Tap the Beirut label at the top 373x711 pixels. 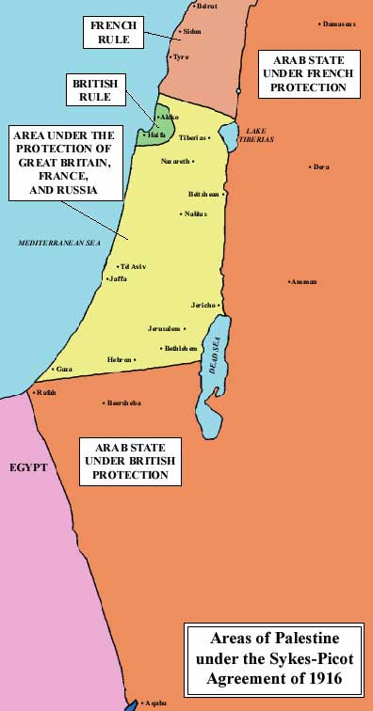(x=206, y=7)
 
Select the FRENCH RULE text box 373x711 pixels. (x=113, y=33)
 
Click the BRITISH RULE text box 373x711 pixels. (x=94, y=90)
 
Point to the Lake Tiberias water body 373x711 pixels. (x=229, y=135)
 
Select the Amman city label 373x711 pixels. (x=305, y=282)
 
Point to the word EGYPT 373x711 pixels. (x=27, y=466)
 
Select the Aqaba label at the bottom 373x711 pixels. (x=155, y=703)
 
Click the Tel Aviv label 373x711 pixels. (x=134, y=267)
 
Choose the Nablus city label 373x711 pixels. (x=195, y=213)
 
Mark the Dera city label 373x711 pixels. (x=320, y=166)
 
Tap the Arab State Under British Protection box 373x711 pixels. (x=130, y=461)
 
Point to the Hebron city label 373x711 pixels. (x=119, y=360)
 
